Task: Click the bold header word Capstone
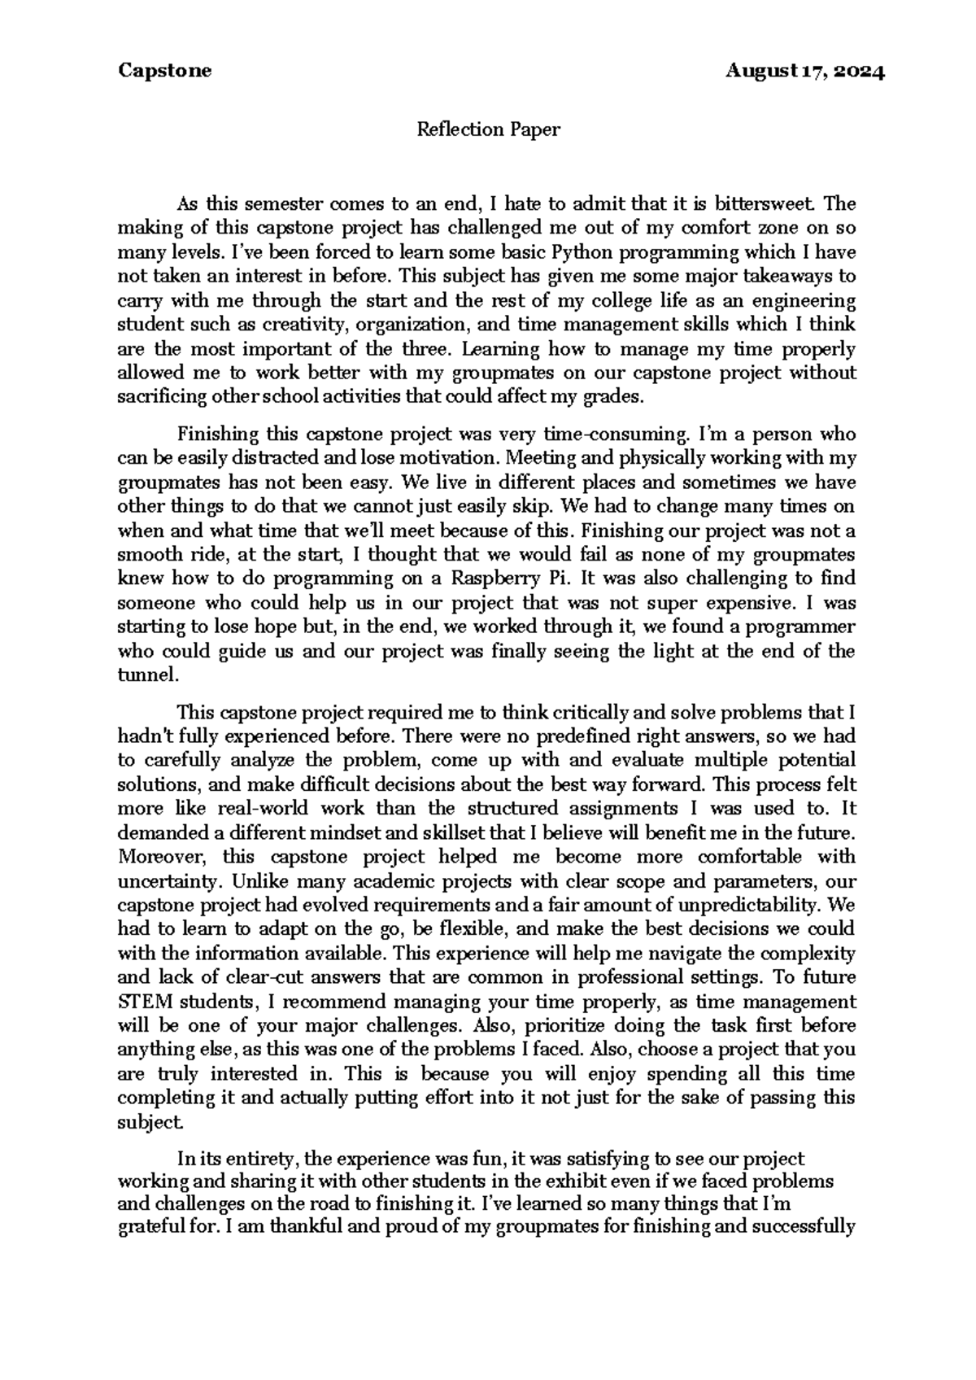(164, 71)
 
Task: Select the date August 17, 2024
(805, 71)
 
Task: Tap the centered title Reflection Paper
(488, 129)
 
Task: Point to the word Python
(582, 251)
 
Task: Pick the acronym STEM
(143, 1002)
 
